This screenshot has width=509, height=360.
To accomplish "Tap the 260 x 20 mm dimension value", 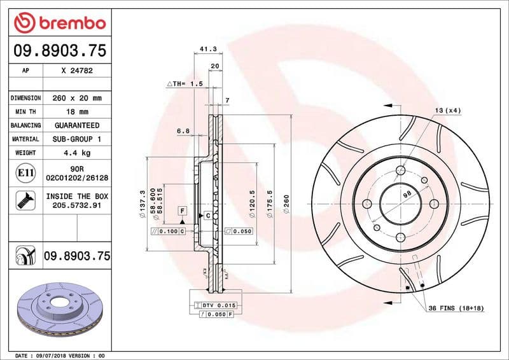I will (x=77, y=98).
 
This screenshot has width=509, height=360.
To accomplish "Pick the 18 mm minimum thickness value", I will (x=77, y=112).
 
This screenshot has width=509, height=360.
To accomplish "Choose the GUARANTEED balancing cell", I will (x=77, y=125).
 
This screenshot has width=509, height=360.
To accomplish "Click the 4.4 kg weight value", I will (x=77, y=153).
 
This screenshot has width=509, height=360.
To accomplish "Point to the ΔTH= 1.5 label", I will (x=185, y=83).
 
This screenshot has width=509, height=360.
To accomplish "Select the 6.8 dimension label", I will (x=183, y=131).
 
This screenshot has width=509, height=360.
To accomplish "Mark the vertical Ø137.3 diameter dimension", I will (x=143, y=202).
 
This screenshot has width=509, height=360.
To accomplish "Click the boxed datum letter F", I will (x=182, y=210).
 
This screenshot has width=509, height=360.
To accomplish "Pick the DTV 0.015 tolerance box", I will (x=219, y=305).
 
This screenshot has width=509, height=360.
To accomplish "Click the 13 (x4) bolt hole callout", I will (x=449, y=110).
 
